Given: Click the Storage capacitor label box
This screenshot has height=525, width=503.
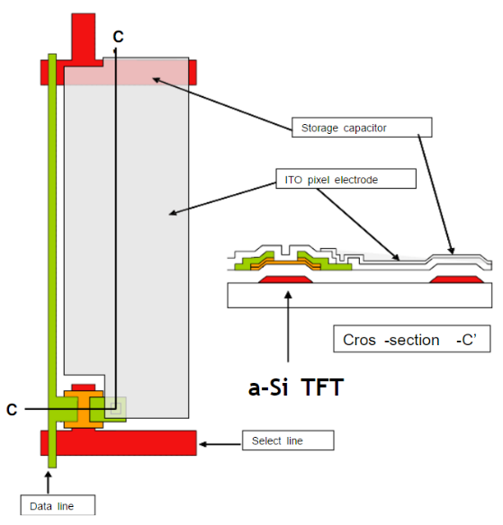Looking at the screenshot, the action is tap(362, 128).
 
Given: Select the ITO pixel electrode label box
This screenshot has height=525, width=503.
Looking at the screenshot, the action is tap(346, 179).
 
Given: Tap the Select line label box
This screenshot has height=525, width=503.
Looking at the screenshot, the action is tap(288, 440).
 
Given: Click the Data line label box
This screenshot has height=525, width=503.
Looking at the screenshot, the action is tap(58, 505).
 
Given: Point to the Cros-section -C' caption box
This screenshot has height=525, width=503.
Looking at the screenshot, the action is tap(412, 339).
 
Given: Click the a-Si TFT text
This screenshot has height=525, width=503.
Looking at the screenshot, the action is tap(296, 387).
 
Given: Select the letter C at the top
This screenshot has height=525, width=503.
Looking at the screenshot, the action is tap(118, 37).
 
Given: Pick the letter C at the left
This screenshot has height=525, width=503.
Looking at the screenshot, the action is tap(12, 410).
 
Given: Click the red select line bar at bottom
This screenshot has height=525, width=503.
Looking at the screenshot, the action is tap(119, 443).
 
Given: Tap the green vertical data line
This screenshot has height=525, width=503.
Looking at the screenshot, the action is tap(52, 261).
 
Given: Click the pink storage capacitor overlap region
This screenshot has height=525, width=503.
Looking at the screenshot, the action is tap(126, 72).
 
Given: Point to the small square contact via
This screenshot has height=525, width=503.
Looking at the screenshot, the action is tap(115, 408).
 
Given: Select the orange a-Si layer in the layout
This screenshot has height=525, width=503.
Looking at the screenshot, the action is tap(84, 409).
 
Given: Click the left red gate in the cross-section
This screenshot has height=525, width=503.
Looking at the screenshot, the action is tap(285, 280).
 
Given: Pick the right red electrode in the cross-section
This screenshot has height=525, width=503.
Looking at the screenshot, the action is tap(457, 280).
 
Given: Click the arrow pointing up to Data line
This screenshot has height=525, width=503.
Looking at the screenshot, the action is tap(49, 483).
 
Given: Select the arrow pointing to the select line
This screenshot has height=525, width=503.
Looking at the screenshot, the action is tap(220, 444).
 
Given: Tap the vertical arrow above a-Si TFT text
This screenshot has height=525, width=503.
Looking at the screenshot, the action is tap(288, 326).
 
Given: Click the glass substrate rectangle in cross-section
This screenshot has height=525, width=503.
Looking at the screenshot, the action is tap(360, 295).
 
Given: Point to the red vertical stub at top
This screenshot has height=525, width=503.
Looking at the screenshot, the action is tap(84, 37).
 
